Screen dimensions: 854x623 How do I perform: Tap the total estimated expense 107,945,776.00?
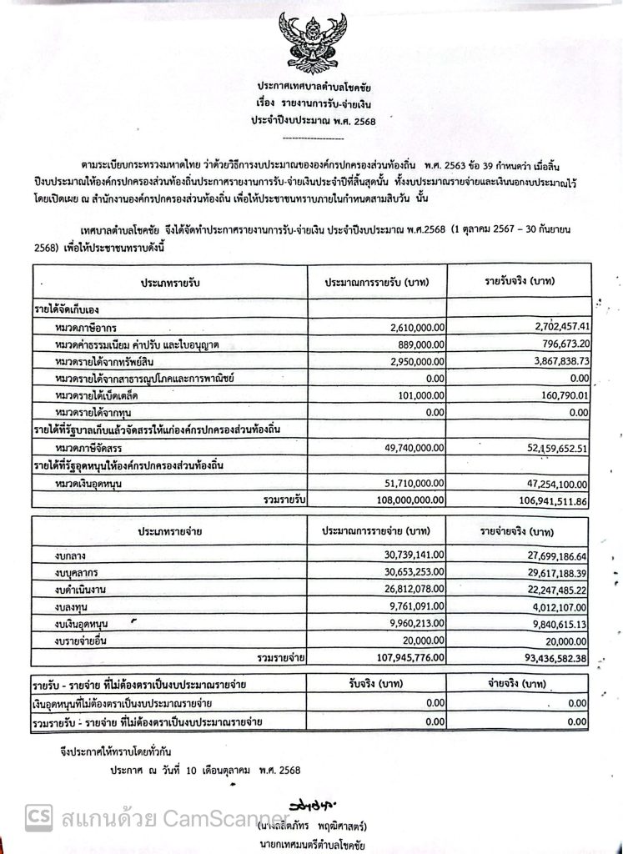[399, 658]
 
